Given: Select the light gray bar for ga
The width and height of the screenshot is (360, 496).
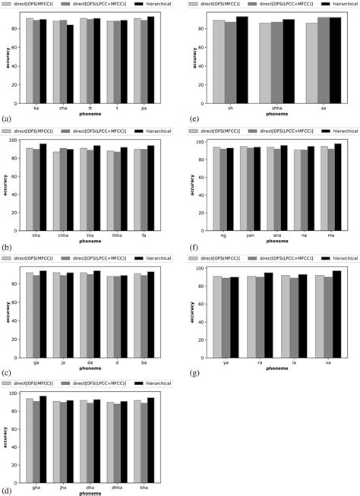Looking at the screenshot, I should [29, 307].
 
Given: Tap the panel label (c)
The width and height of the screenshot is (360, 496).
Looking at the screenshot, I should [7, 372].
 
